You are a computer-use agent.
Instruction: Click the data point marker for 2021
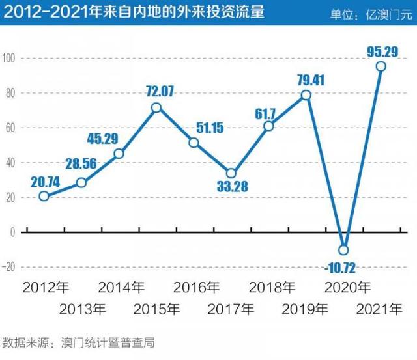[381, 66]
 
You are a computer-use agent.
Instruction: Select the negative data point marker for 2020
[344, 250]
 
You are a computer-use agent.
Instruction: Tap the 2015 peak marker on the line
[156, 107]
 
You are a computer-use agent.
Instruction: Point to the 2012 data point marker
[44, 196]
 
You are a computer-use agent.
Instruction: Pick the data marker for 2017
[231, 174]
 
